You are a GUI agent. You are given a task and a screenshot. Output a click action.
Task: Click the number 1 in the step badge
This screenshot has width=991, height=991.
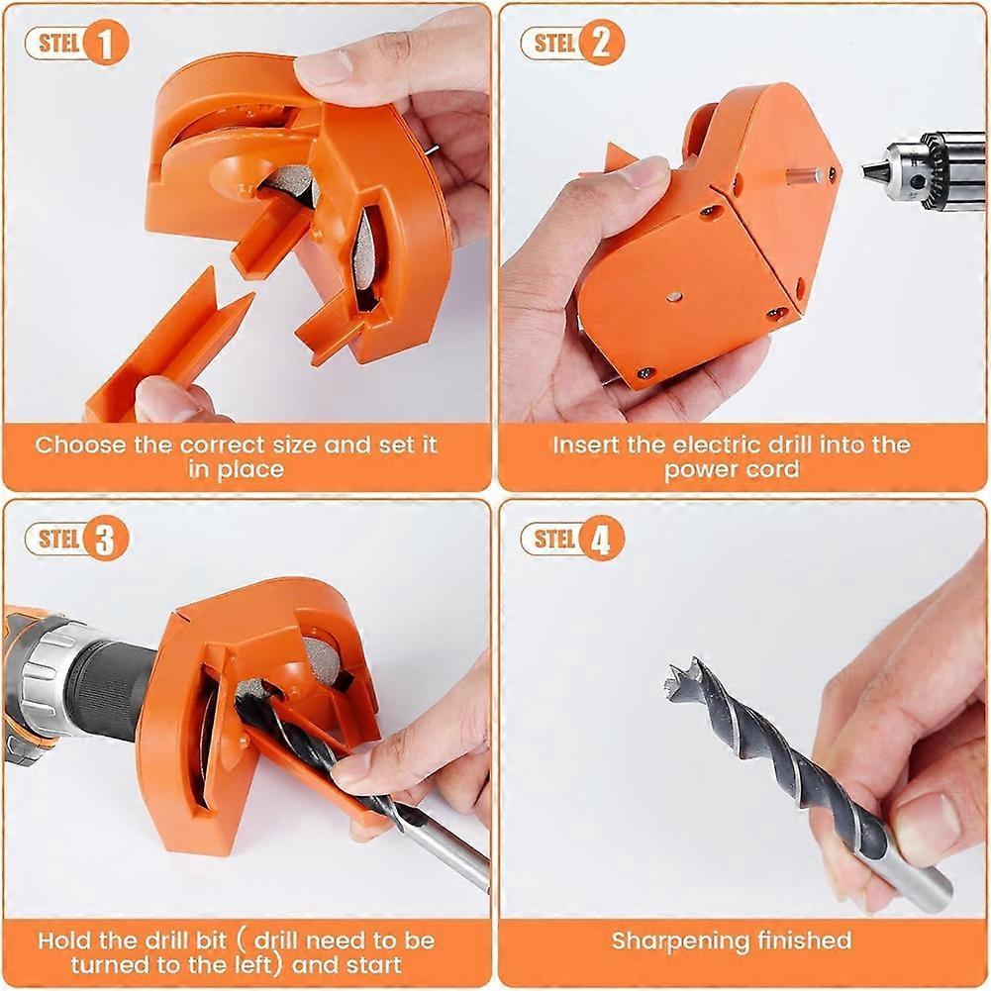tap(107, 44)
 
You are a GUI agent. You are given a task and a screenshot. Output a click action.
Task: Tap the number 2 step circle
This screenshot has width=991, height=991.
tap(602, 44)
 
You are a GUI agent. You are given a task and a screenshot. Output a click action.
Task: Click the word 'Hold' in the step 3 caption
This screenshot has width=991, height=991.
tap(65, 940)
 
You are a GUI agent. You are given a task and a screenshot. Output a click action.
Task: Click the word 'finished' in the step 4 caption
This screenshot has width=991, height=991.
tap(802, 941)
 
